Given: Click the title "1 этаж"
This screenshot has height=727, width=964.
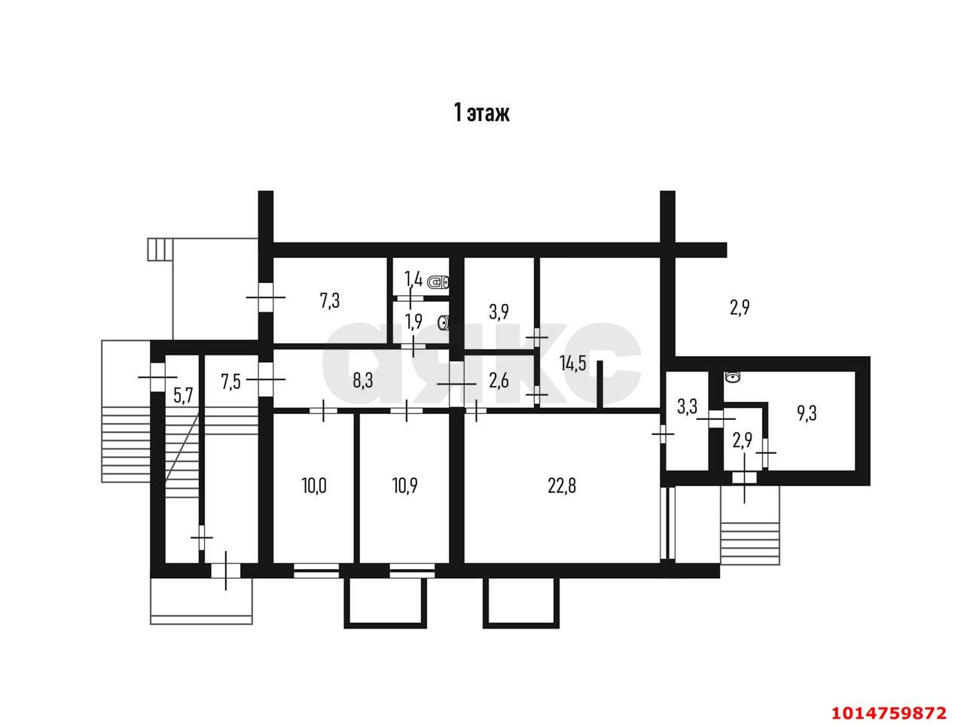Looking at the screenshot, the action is pyautogui.click(x=481, y=113).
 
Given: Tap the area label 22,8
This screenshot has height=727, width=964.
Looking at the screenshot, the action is pyautogui.click(x=562, y=486).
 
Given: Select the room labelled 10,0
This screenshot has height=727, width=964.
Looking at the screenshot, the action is pyautogui.click(x=314, y=486).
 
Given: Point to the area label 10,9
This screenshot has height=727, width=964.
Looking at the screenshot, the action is pyautogui.click(x=405, y=486).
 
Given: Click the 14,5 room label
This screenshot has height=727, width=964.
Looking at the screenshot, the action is pyautogui.click(x=572, y=363).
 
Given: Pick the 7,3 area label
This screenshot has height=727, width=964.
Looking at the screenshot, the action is pyautogui.click(x=329, y=302).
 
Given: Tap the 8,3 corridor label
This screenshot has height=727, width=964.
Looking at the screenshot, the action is pyautogui.click(x=363, y=381).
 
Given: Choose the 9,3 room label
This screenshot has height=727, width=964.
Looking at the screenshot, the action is pyautogui.click(x=807, y=414).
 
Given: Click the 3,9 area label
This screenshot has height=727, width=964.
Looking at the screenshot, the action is pyautogui.click(x=499, y=312).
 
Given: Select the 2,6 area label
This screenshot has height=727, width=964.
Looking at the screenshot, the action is pyautogui.click(x=499, y=381).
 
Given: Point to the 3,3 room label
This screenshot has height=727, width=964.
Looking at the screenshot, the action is pyautogui.click(x=687, y=406).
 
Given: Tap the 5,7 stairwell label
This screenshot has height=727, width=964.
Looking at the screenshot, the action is pyautogui.click(x=183, y=396).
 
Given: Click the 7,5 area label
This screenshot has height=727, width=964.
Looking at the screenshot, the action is pyautogui.click(x=230, y=382).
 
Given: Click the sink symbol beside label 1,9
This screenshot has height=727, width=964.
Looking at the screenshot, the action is pyautogui.click(x=444, y=324).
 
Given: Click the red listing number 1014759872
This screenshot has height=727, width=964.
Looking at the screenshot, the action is pyautogui.click(x=889, y=713).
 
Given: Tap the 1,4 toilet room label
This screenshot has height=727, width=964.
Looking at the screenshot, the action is pyautogui.click(x=413, y=278).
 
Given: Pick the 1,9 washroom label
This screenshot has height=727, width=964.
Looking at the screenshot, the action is pyautogui.click(x=413, y=322).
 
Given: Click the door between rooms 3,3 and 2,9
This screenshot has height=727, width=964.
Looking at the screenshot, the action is pyautogui.click(x=716, y=419).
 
